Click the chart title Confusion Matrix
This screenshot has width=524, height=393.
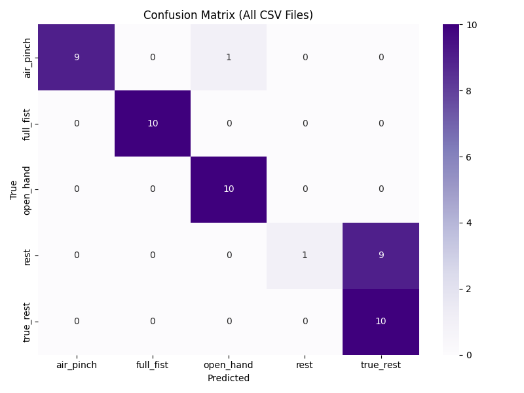pos(228,15)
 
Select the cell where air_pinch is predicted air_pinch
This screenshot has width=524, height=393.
pos(77,58)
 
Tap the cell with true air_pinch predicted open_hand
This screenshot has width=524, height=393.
pos(229,58)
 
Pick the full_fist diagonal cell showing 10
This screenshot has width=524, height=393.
pos(153,124)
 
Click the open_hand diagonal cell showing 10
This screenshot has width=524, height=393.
pos(229,189)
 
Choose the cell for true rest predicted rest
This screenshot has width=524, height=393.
pos(305,255)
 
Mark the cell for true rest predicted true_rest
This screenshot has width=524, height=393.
pos(381,255)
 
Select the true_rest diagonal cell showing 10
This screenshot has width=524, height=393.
pos(381,322)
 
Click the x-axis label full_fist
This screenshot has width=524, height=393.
pos(153,365)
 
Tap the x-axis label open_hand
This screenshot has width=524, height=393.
pos(229,365)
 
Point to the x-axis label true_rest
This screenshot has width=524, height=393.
pos(381,365)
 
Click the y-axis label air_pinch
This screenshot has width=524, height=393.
pos(28,58)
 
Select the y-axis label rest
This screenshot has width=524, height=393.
pos(28,255)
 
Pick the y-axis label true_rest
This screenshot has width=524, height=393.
pos(28,322)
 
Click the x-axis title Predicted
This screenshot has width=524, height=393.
pos(228,378)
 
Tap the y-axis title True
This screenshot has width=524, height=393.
pos(13,190)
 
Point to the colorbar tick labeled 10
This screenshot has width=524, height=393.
pos(470,25)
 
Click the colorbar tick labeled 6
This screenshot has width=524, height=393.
pos(468,157)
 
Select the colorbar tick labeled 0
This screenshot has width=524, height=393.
pos(468,355)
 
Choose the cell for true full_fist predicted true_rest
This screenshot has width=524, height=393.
pos(381,124)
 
